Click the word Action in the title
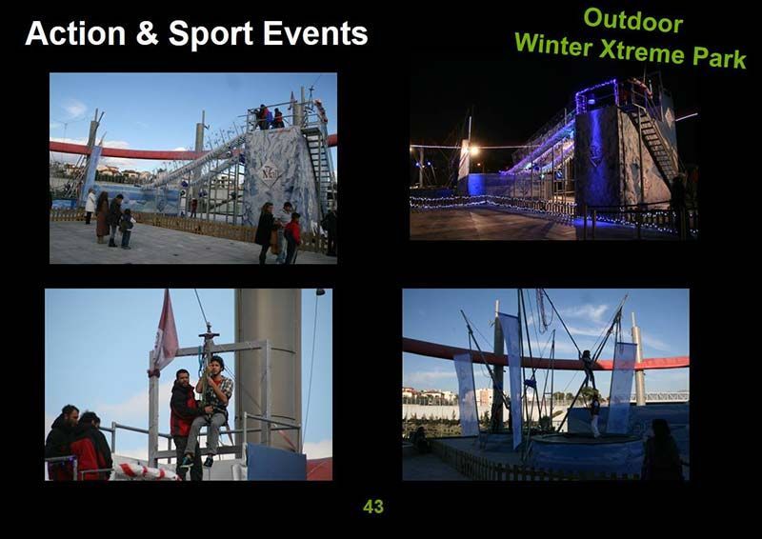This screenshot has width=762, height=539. click(75, 33)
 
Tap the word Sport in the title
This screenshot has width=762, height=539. click(211, 34)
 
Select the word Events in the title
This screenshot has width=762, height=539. click(315, 33)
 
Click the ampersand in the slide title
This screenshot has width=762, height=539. click(147, 33)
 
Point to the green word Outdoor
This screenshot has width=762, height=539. click(633, 20)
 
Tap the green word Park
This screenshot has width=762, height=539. click(719, 57)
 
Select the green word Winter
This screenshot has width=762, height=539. click(554, 44)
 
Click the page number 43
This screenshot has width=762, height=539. click(373, 507)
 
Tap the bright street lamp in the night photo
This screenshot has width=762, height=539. click(473, 150)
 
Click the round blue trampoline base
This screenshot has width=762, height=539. click(587, 453)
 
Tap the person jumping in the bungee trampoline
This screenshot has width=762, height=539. click(588, 369)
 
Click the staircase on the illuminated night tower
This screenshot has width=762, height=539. click(656, 141)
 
